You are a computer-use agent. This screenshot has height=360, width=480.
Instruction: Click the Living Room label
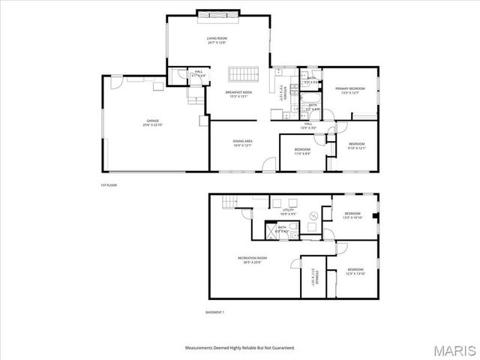tap(217, 38)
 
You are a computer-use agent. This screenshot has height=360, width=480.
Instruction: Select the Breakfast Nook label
tap(239, 92)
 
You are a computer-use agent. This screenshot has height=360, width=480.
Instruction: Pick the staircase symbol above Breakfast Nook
tap(244, 75)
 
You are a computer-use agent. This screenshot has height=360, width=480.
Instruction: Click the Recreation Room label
tap(254, 258)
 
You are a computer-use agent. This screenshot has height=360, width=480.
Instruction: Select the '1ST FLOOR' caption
tap(109, 185)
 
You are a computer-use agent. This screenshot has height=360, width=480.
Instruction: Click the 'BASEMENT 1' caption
tap(215, 312)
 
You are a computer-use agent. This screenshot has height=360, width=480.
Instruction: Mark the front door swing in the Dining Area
tap(268, 169)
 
